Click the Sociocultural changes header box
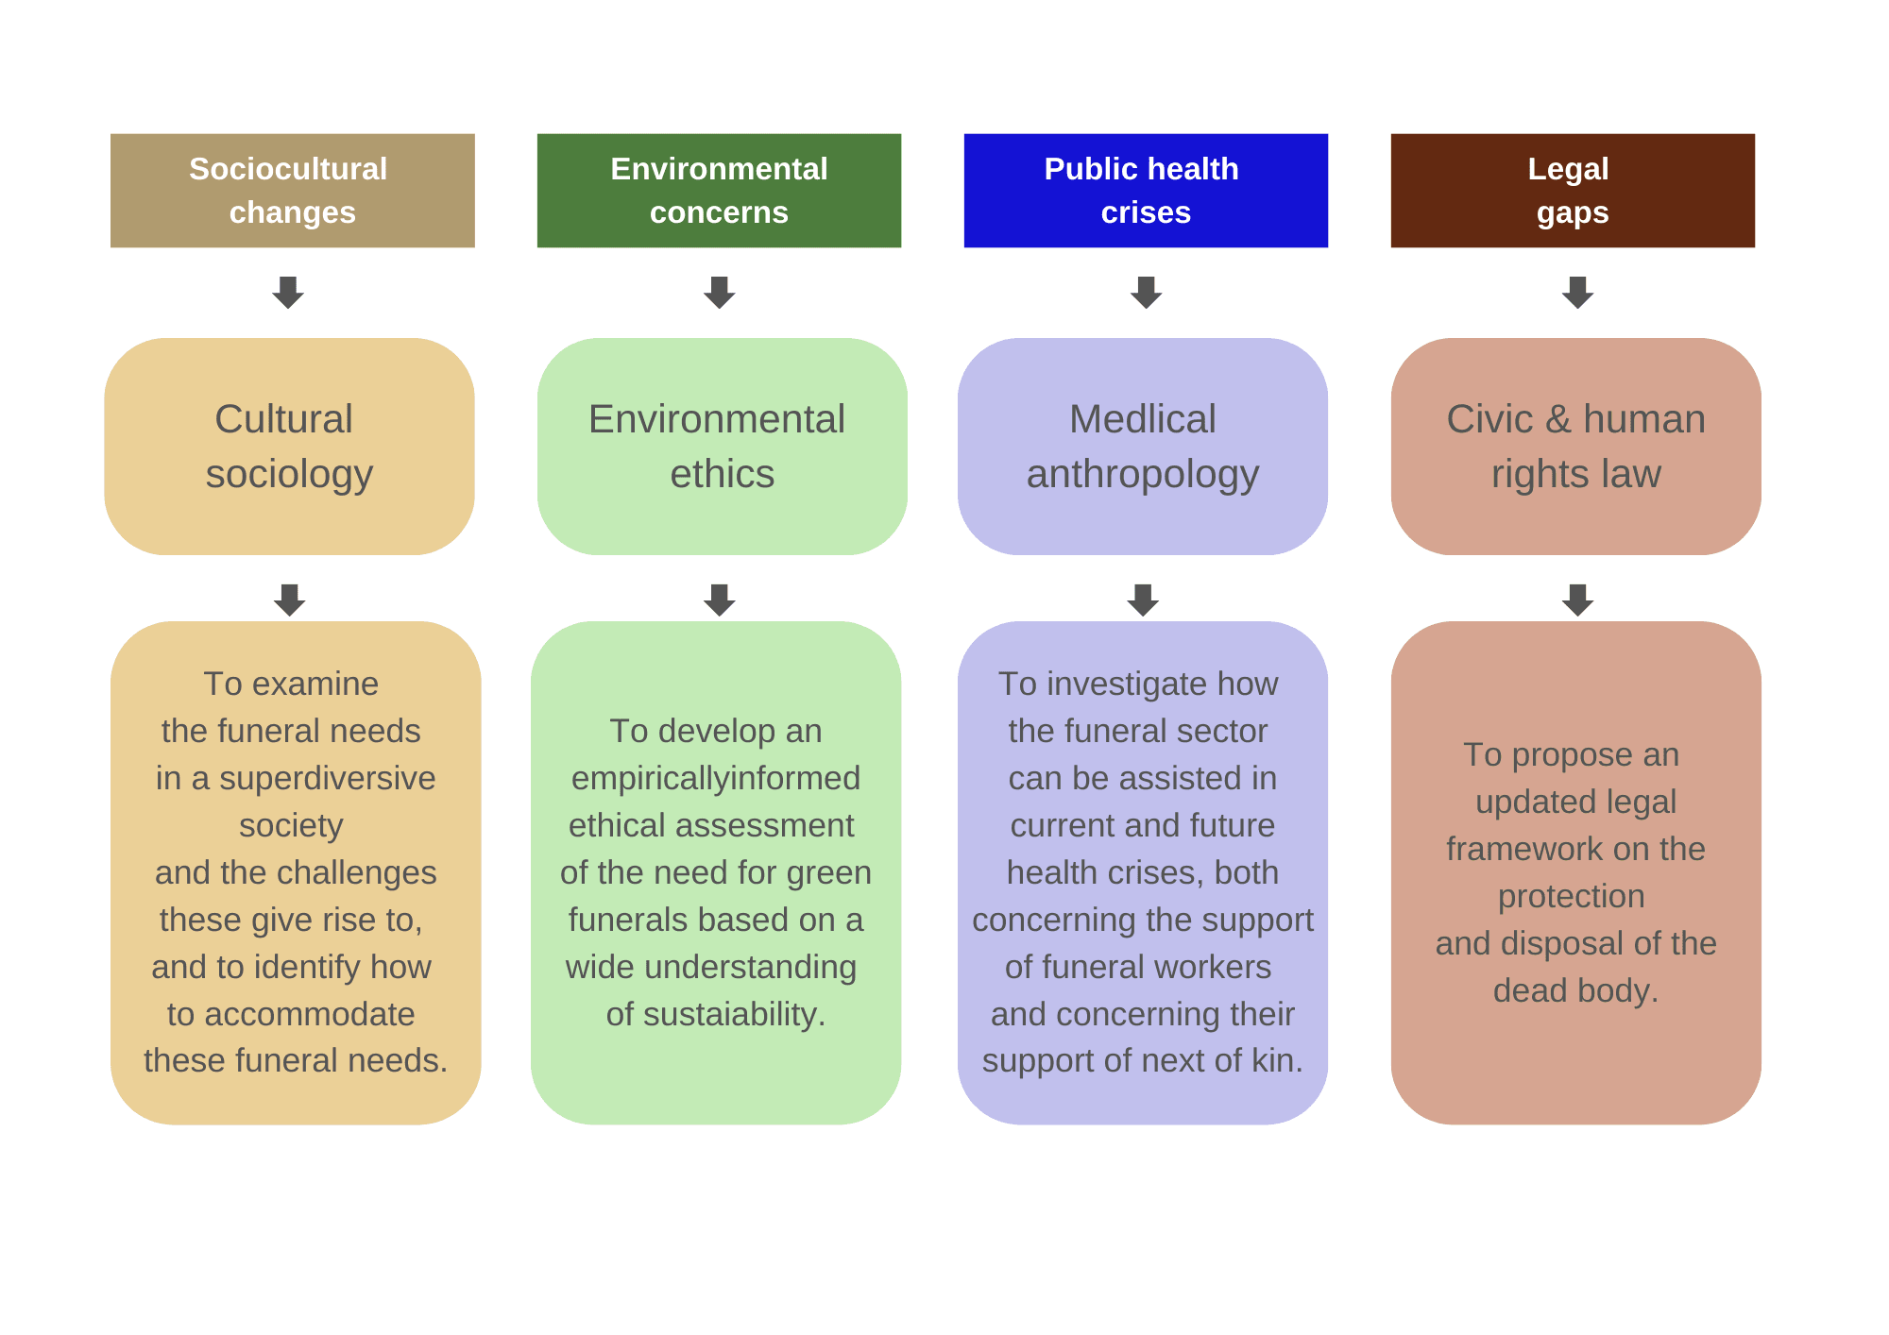click(x=293, y=191)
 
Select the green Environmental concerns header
click(x=719, y=191)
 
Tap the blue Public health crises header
click(x=1146, y=191)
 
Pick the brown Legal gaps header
click(x=1573, y=191)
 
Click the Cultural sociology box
click(x=289, y=447)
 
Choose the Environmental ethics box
click(x=723, y=447)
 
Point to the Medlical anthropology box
click(x=1143, y=447)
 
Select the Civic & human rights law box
click(x=1576, y=447)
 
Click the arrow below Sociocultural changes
click(x=288, y=293)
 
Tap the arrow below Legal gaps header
click(x=1577, y=293)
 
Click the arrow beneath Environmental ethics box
click(x=720, y=600)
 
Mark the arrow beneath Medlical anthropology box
click(x=1143, y=600)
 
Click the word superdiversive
click(x=327, y=779)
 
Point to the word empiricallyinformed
click(x=716, y=779)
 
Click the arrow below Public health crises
click(x=1146, y=293)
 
